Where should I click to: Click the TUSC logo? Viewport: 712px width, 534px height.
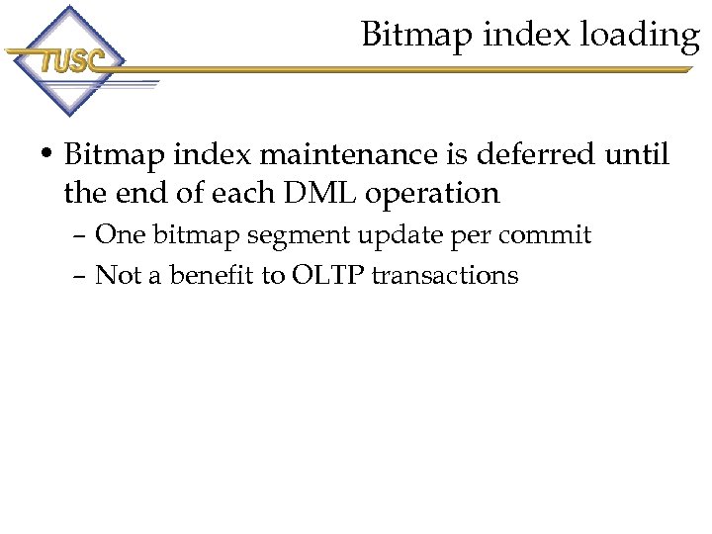pos(69,60)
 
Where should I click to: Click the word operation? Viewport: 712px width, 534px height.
pos(432,195)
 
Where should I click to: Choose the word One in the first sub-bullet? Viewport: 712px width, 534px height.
pos(120,235)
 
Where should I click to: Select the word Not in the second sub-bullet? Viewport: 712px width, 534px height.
pos(118,275)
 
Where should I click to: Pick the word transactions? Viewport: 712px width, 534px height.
pos(445,275)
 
